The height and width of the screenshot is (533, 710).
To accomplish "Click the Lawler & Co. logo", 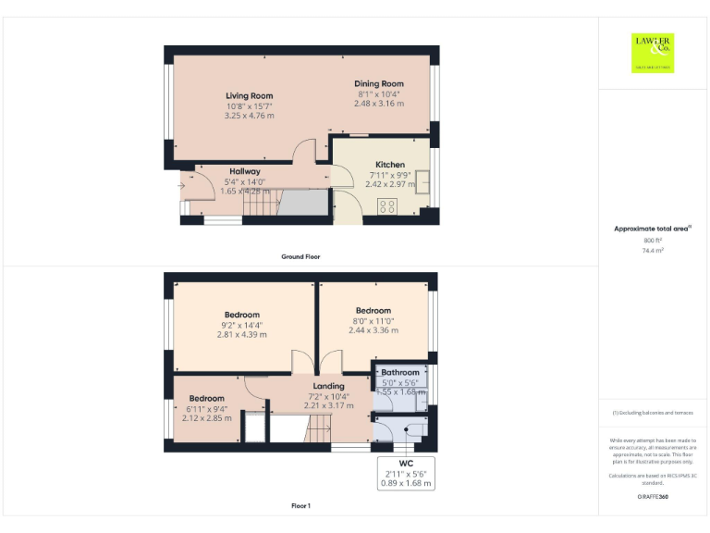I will point(653,53).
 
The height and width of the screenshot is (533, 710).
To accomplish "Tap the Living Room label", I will point(249,95).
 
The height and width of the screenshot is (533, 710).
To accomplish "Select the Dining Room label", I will point(378,84).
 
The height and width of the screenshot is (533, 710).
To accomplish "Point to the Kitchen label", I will point(389,165).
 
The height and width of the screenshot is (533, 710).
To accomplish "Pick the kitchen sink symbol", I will point(423,182).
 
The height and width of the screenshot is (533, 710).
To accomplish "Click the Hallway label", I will point(245,171).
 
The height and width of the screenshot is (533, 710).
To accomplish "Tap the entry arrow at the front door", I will point(181,185).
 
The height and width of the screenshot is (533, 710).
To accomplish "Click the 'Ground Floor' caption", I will point(300,256).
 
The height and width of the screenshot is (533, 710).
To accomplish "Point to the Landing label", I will point(328,386).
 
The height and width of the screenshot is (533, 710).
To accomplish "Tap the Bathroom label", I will point(400,373).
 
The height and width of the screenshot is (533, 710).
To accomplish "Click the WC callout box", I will point(406,473).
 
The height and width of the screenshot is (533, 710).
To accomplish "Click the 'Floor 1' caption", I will point(300,506).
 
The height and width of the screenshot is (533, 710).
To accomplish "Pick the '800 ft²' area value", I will point(653,240).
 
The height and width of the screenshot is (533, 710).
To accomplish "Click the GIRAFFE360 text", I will point(653,498).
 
